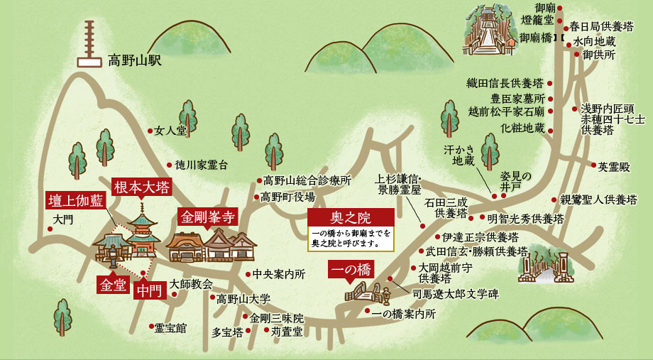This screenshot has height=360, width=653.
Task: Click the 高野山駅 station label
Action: [135, 60]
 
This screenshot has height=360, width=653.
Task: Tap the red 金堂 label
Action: [113, 285]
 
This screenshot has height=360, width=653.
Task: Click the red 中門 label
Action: [149, 291]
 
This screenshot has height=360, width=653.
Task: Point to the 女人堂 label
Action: [170, 131]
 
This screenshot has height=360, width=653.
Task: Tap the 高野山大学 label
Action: [243, 300]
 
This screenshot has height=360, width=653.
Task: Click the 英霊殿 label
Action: [614, 166]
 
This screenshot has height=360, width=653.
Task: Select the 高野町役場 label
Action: [287, 197]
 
